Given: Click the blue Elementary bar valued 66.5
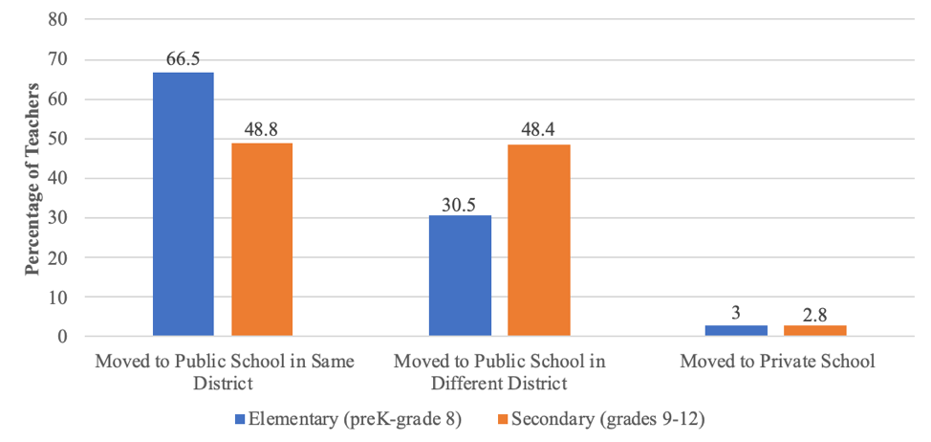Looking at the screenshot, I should [183, 204].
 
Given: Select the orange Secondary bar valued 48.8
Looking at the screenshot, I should [262, 239].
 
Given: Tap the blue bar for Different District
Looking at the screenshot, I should [460, 276].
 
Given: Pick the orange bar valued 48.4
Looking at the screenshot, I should [539, 240].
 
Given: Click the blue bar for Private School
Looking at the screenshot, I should [736, 330].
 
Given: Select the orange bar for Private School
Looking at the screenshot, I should [815, 330].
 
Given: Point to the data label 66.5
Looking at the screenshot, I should [183, 59].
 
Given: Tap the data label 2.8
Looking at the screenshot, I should [815, 313].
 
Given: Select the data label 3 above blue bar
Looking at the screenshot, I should [736, 313].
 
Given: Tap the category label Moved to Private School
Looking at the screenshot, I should [778, 363].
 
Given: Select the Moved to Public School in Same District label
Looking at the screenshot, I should [224, 372].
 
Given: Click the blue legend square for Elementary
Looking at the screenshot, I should [240, 419].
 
